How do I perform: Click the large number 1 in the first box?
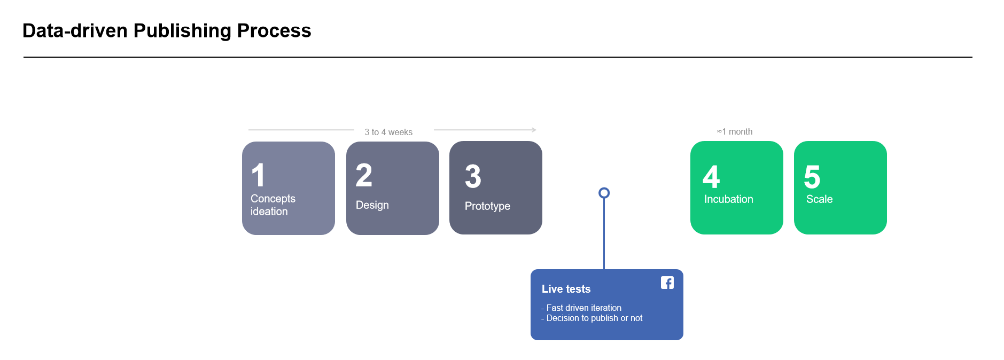(258, 175)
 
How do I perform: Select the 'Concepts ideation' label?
(273, 205)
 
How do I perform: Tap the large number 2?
(364, 175)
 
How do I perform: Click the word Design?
(372, 205)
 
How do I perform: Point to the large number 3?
(473, 176)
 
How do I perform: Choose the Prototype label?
(487, 206)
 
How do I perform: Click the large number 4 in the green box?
(711, 177)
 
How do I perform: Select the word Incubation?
(729, 199)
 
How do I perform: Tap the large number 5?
(812, 177)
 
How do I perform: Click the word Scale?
(820, 199)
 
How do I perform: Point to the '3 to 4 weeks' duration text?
(388, 132)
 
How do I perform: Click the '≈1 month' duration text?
(735, 131)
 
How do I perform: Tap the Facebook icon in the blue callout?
(667, 283)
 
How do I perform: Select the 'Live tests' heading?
(566, 289)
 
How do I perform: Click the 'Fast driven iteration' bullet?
(581, 308)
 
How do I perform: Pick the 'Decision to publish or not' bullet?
(592, 318)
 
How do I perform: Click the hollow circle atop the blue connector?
(604, 188)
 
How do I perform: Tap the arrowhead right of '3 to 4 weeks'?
(534, 130)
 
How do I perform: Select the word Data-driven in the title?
(75, 31)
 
